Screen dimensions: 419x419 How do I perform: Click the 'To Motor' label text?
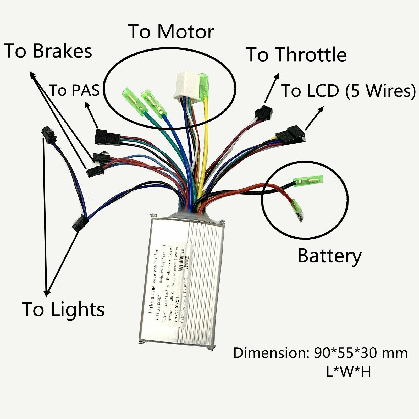click(x=172, y=32)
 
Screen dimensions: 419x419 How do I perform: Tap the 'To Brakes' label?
click(x=48, y=51)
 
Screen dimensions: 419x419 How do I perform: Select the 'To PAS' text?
click(x=74, y=90)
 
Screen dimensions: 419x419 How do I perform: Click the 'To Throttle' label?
click(x=297, y=55)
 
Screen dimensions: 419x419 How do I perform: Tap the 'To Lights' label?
click(x=63, y=309)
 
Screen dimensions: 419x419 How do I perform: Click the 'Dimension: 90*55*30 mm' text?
click(x=320, y=353)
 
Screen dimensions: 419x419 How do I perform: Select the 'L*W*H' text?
click(x=348, y=371)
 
